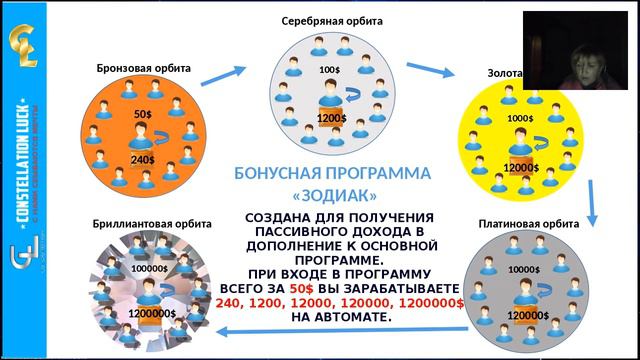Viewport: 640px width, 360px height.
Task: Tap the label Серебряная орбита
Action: (x=332, y=20)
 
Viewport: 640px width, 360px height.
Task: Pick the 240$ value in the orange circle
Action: (x=142, y=160)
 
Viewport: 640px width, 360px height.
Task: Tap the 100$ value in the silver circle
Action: (x=330, y=70)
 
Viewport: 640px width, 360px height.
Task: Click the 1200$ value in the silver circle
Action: (x=332, y=119)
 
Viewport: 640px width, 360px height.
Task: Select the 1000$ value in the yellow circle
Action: (x=520, y=118)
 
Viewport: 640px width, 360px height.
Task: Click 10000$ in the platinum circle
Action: (x=524, y=269)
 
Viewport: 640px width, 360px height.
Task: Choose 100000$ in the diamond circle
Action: (x=149, y=268)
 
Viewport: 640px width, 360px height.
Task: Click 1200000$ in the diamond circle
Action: (x=151, y=313)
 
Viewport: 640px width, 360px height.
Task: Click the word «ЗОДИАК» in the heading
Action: (x=325, y=193)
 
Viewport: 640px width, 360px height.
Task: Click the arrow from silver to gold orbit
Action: (x=429, y=71)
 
